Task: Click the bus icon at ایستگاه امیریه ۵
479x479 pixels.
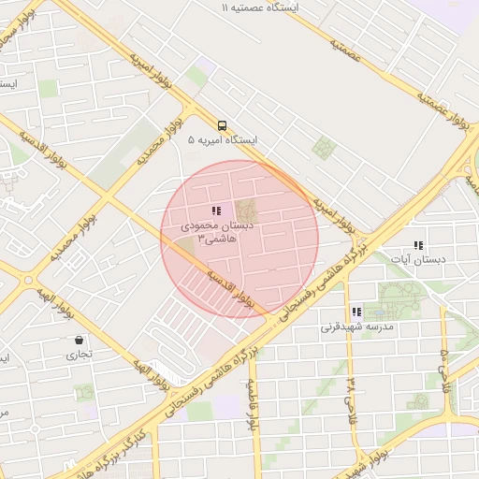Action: tap(222, 125)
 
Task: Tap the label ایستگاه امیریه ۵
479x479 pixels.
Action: tap(222, 140)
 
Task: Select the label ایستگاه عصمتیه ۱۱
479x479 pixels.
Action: tap(259, 7)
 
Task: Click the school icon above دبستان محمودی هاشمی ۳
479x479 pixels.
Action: tap(216, 211)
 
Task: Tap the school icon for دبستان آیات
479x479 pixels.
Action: tap(417, 245)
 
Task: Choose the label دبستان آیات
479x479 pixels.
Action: tap(417, 259)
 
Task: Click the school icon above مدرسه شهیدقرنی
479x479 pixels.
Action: tap(356, 312)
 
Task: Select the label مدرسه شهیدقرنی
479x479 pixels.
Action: tap(357, 327)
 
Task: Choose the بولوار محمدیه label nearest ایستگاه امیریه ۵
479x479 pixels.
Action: tap(159, 140)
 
